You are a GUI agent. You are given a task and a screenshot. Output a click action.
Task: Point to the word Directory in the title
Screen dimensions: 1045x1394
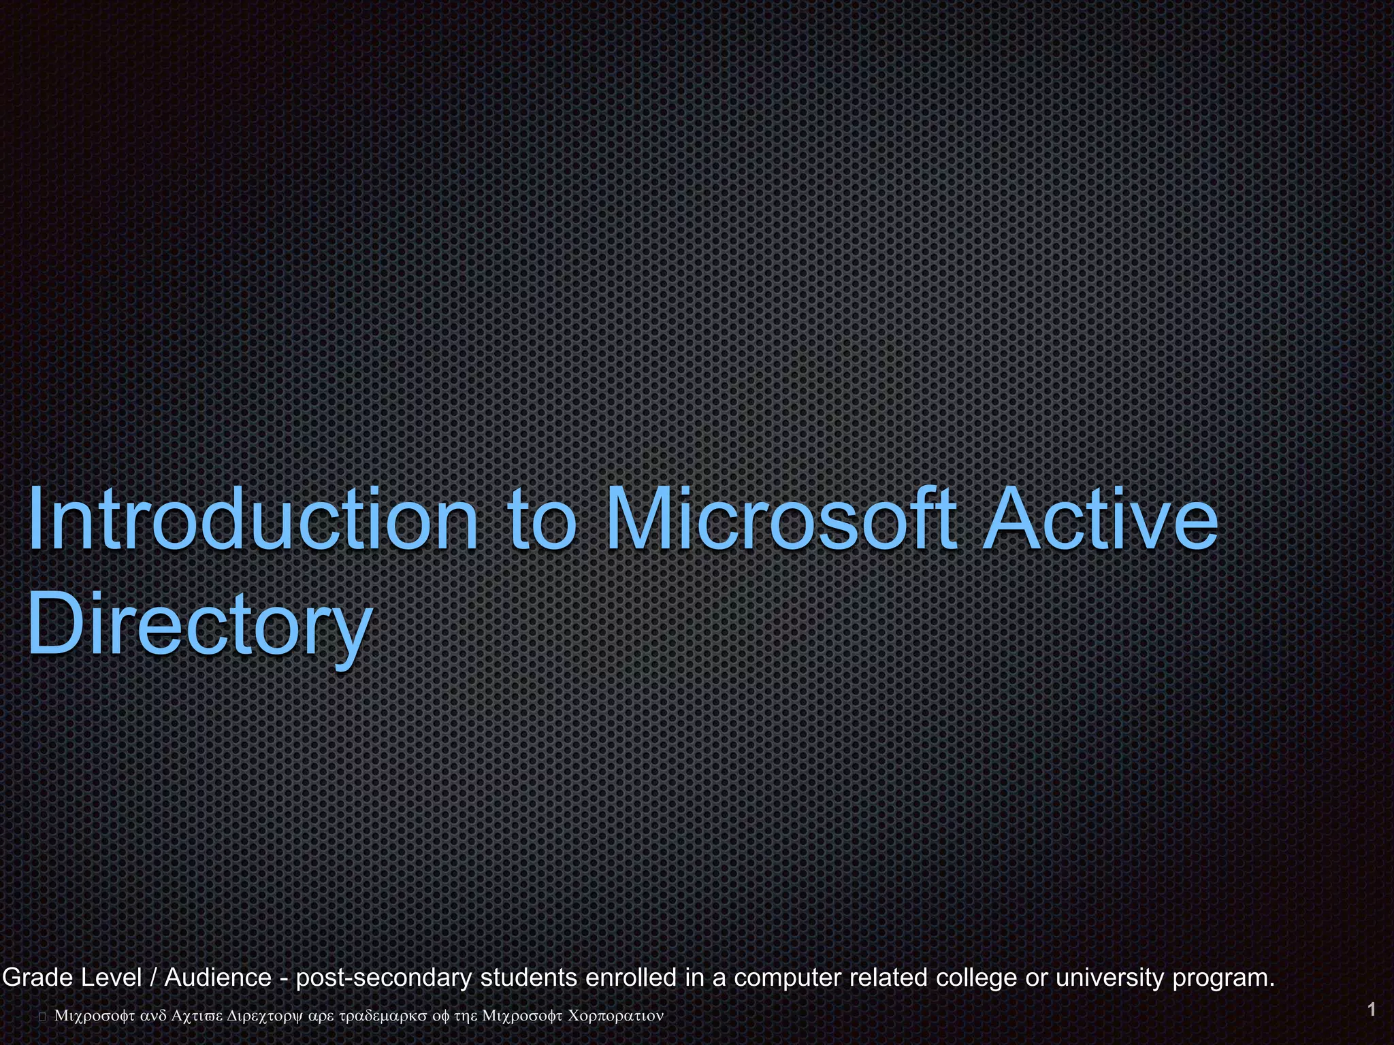(199, 623)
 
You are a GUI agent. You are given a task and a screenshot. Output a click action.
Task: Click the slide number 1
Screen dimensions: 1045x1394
(1372, 1009)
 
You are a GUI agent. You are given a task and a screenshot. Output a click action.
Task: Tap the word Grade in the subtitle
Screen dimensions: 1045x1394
(38, 978)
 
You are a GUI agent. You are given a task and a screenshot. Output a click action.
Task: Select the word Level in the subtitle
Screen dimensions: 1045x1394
(112, 978)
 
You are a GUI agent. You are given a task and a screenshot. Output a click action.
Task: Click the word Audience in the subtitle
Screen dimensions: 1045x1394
(218, 978)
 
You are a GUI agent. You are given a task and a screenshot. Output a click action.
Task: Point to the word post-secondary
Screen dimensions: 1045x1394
(384, 978)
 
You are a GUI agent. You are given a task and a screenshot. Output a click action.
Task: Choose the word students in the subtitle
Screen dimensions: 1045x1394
(529, 978)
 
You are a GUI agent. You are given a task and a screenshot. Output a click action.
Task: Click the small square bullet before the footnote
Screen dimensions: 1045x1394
(42, 1016)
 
